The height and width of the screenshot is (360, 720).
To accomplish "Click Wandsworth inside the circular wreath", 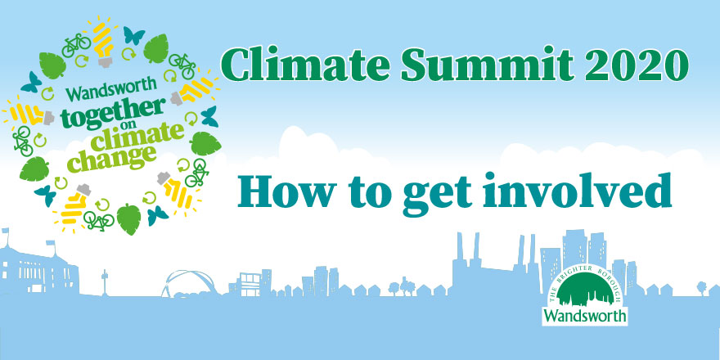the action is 111,89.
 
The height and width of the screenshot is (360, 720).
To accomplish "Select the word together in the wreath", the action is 113,115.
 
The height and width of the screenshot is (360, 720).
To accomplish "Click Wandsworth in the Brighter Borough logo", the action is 584,316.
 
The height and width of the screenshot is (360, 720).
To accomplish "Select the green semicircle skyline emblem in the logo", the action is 584,290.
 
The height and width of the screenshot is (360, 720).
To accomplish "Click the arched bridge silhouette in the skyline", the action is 189,283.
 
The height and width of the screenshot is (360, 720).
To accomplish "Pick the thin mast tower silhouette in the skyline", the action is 105,282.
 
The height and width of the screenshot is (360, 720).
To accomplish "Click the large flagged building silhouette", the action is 38,268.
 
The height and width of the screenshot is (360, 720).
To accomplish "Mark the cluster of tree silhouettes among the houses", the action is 402,286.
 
